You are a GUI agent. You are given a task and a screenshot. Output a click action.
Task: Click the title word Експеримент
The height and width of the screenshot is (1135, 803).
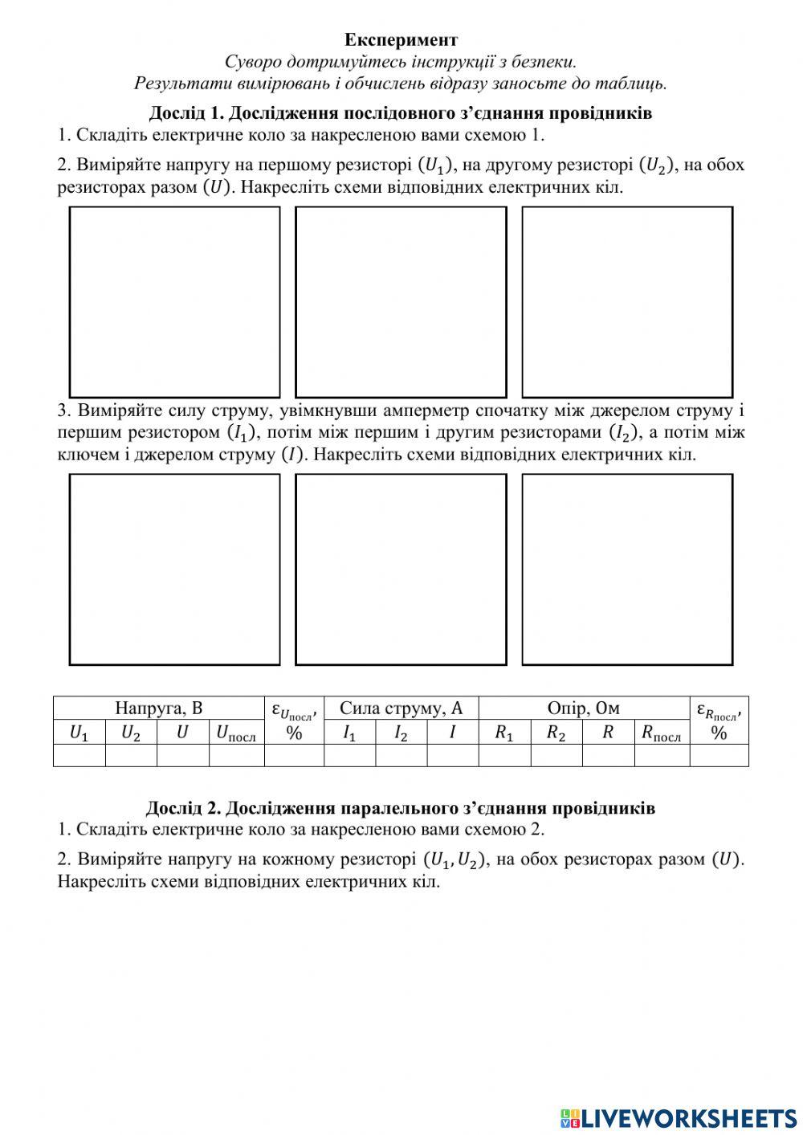pos(401,39)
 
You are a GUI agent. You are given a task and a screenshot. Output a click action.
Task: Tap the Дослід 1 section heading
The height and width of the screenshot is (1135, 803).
pos(400,113)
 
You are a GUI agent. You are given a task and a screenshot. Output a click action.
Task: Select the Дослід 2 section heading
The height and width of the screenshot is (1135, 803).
pos(400,807)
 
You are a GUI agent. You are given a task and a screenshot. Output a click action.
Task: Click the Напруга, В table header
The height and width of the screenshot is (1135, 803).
pos(158,708)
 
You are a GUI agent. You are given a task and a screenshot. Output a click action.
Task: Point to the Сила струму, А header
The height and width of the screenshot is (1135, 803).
pos(401,708)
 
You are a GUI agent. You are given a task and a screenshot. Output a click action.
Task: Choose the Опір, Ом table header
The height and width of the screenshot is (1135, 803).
pos(583,708)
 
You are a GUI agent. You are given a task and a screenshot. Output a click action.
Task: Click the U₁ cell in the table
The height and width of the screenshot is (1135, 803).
pos(79,733)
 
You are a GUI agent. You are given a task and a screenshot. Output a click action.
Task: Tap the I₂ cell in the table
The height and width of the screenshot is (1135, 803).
pos(401,733)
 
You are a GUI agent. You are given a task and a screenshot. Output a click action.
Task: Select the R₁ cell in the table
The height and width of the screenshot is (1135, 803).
pos(503,733)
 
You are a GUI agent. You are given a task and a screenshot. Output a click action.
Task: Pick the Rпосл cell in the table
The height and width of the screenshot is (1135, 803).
pos(661,733)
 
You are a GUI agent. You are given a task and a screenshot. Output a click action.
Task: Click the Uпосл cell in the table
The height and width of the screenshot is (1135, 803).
pos(236,733)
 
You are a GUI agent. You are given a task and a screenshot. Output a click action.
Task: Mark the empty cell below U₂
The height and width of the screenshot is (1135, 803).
pos(131,755)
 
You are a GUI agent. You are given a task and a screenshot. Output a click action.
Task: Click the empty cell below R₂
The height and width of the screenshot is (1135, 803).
pos(556,755)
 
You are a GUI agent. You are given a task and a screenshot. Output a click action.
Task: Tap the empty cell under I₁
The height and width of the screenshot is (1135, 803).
pos(349,755)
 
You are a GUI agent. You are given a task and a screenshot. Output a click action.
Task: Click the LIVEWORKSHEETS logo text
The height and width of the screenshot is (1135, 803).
pos(689,1117)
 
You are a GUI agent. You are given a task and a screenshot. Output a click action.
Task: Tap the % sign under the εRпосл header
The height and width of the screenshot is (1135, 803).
pos(719,733)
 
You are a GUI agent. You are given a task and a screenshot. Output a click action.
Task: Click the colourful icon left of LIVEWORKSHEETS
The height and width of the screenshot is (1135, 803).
pos(570,1118)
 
